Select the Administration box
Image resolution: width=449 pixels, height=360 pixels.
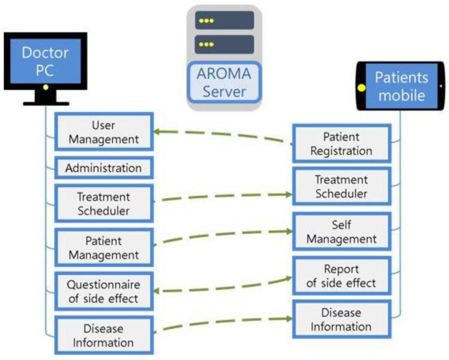pyautogui.click(x=103, y=168)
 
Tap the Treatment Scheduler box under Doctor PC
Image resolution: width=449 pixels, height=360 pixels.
pyautogui.click(x=103, y=204)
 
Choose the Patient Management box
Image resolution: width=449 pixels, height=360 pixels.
pyautogui.click(x=103, y=247)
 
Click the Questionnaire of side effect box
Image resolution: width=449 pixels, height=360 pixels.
pyautogui.click(x=103, y=291)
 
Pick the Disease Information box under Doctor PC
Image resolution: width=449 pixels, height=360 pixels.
pyautogui.click(x=103, y=335)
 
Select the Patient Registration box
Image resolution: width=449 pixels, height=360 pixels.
pyautogui.click(x=341, y=144)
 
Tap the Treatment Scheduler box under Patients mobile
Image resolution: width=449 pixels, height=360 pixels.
pyautogui.click(x=341, y=186)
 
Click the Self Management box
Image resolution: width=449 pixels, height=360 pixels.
pyautogui.click(x=341, y=232)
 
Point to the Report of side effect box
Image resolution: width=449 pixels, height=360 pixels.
pyautogui.click(x=341, y=276)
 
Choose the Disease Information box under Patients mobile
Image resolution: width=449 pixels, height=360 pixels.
pyautogui.click(x=341, y=320)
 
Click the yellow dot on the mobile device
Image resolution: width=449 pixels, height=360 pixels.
pyautogui.click(x=362, y=88)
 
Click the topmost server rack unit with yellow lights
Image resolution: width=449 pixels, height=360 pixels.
pyautogui.click(x=224, y=20)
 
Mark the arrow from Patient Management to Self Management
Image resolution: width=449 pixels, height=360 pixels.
pyautogui.click(x=222, y=236)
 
